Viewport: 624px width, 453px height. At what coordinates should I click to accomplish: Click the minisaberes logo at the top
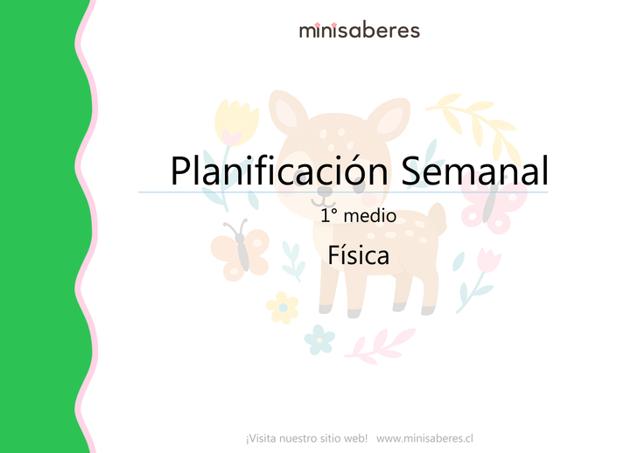coord(359,31)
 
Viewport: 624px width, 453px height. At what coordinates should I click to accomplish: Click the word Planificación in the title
coord(280,171)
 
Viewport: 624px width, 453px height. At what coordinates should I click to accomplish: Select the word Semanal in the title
coord(474,171)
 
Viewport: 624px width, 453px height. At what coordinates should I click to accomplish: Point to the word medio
coord(371,215)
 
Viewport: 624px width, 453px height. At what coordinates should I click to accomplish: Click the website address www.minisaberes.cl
coord(424,436)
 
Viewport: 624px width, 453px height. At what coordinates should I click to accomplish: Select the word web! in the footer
coord(354,436)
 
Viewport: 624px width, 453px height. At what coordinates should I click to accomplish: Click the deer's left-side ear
coord(286,114)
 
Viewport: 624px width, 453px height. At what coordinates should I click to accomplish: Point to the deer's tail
coord(437,218)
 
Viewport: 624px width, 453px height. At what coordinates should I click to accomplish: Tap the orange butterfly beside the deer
coord(241,250)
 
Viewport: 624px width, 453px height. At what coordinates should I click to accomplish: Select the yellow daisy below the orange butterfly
coord(282,307)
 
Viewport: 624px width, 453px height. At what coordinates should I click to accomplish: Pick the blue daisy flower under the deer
coord(319,337)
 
